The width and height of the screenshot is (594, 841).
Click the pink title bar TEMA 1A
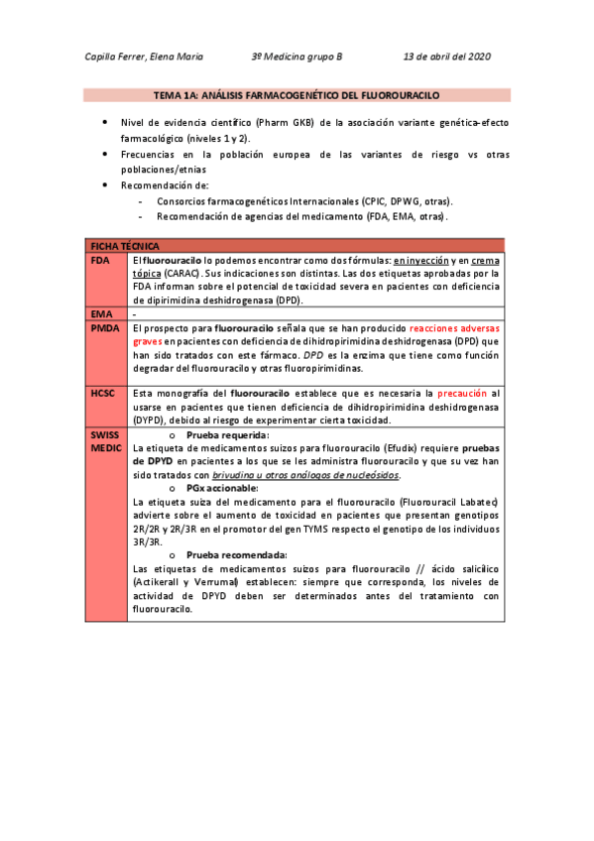(297, 95)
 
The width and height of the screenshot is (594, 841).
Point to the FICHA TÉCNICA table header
(126, 245)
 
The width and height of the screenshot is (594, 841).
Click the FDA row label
(100, 259)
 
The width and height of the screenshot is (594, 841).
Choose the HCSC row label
(104, 393)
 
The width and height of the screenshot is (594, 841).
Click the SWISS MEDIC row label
(105, 442)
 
